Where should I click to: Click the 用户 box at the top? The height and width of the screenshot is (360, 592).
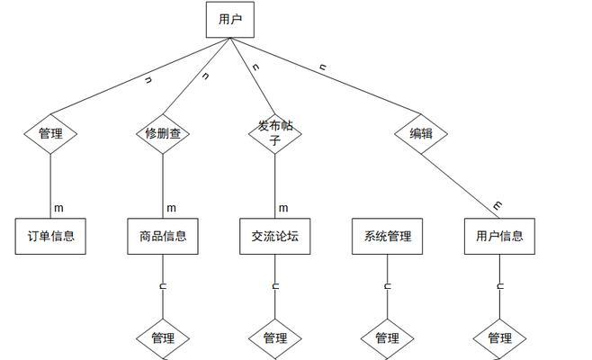[230, 19]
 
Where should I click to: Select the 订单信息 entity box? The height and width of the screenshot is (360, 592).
[50, 237]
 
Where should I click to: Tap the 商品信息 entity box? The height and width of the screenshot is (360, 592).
[163, 237]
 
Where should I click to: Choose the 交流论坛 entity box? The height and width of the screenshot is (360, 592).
[275, 237]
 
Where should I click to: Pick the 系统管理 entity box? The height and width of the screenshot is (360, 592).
[388, 237]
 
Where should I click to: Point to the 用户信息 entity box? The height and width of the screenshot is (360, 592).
[499, 237]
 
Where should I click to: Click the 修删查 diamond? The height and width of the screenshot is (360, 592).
[163, 133]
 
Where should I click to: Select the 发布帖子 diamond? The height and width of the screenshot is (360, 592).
[275, 133]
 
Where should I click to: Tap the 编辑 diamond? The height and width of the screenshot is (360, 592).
[421, 133]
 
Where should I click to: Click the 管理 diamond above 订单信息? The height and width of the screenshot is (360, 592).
[50, 133]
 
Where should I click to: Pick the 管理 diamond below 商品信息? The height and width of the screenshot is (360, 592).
[163, 338]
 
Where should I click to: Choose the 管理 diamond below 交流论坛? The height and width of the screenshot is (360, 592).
[275, 338]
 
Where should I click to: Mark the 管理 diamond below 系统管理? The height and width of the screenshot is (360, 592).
[388, 338]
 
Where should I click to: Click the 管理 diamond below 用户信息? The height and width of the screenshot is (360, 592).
[499, 338]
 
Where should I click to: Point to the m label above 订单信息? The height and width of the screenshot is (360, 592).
[59, 208]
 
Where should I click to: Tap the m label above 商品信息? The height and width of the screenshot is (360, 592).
[171, 208]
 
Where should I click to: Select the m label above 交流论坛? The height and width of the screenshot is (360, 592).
[283, 208]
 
